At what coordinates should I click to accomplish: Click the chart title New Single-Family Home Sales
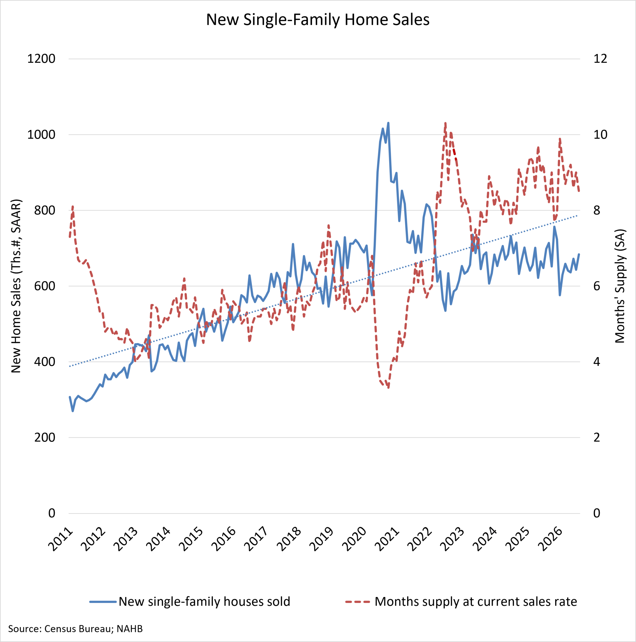pyautogui.click(x=318, y=20)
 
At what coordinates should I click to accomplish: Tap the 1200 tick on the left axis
pyautogui.click(x=41, y=59)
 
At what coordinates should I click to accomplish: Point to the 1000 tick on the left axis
pyautogui.click(x=41, y=135)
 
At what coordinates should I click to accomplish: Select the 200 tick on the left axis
pyautogui.click(x=45, y=437)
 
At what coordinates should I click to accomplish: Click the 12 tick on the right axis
pyautogui.click(x=600, y=59)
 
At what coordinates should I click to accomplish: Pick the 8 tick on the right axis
pyautogui.click(x=597, y=210)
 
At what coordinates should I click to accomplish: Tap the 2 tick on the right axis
pyautogui.click(x=597, y=437)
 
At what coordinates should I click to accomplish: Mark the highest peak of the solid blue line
pyautogui.click(x=388, y=123)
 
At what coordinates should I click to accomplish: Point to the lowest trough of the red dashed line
pyautogui.click(x=388, y=387)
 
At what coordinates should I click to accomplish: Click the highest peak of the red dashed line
pyautogui.click(x=445, y=123)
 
